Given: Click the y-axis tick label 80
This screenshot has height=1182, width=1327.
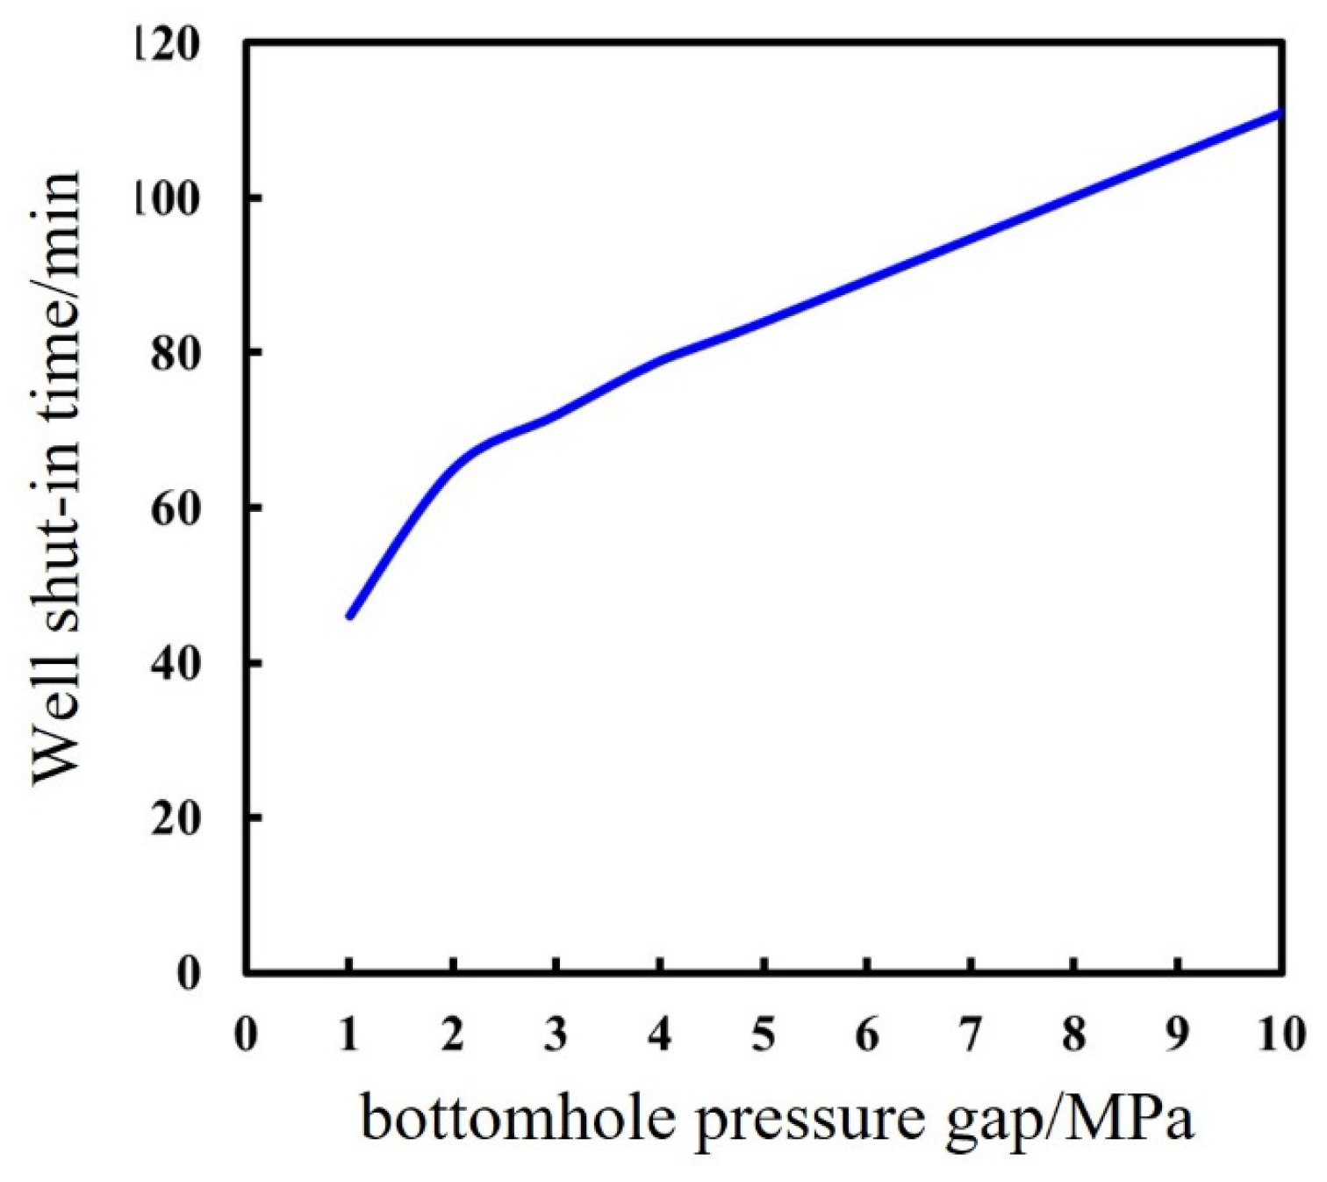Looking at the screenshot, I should (176, 353).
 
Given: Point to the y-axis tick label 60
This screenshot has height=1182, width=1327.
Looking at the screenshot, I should (176, 508).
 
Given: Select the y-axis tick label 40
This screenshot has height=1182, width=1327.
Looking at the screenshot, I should (176, 663).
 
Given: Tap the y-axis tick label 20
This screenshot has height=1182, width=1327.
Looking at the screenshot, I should (176, 818).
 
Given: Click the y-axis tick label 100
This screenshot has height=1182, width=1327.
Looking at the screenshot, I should (167, 198).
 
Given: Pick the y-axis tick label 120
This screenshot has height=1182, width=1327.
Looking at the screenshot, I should (167, 44).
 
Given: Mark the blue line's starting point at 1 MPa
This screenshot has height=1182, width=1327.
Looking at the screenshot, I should (349, 616).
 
